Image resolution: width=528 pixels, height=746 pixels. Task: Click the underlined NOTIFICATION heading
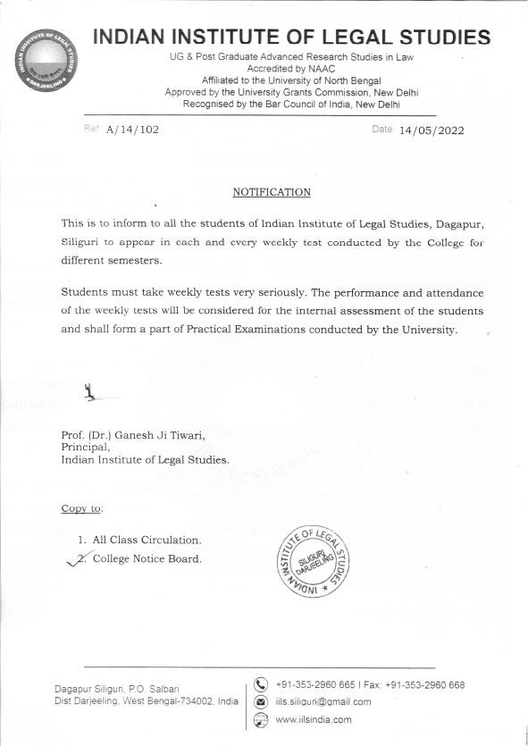tap(272, 192)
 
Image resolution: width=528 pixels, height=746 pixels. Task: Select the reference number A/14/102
tap(132, 130)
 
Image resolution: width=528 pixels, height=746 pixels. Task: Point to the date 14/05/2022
tap(432, 130)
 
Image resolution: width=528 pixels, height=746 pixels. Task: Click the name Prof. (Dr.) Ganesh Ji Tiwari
tap(132, 435)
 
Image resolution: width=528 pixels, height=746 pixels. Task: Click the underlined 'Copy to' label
tap(81, 508)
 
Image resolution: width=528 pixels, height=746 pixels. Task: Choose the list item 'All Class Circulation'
tap(147, 541)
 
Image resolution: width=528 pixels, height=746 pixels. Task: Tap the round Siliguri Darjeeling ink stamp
tap(308, 560)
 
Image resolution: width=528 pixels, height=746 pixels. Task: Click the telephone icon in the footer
tap(262, 685)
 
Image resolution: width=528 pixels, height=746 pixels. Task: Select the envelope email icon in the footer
tap(262, 702)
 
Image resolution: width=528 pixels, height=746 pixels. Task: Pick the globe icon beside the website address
tap(262, 720)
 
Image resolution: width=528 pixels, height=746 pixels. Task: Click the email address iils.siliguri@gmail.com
tap(323, 702)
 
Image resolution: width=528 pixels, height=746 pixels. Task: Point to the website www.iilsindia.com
tap(314, 720)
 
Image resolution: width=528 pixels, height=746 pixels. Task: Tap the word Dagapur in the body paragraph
tap(448, 223)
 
